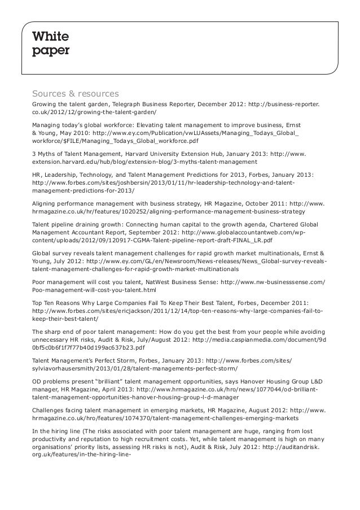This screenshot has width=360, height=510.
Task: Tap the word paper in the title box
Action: point(51,51)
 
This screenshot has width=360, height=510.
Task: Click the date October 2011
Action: point(257,203)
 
